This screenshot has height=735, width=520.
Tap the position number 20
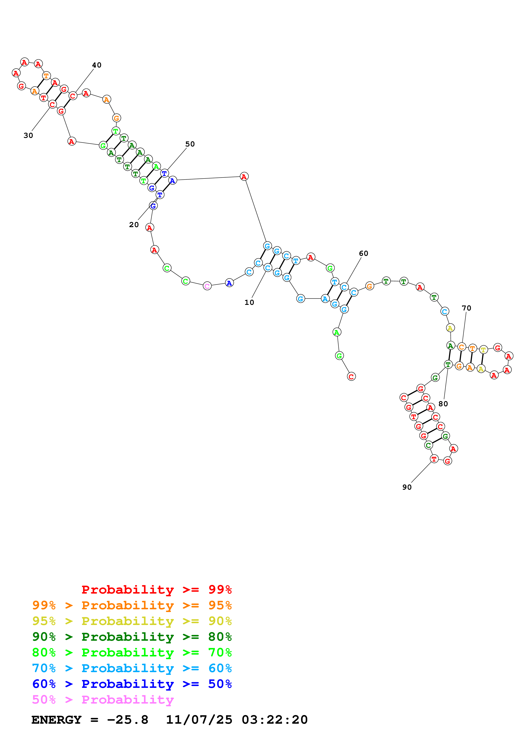134,225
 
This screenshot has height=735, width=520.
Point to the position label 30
28,135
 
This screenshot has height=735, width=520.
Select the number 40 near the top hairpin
97,65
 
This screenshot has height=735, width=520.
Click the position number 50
190,144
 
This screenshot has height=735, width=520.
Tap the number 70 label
467,308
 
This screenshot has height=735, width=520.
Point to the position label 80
443,404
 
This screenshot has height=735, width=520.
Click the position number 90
407,487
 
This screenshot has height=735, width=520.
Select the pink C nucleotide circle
207,286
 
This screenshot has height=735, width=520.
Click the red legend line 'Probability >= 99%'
156,590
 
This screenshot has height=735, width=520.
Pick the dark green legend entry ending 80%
132,637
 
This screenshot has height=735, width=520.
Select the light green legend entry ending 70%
132,652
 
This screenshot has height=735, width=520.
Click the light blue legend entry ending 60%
132,668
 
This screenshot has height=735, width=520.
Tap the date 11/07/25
199,720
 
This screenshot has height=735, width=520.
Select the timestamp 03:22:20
275,720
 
